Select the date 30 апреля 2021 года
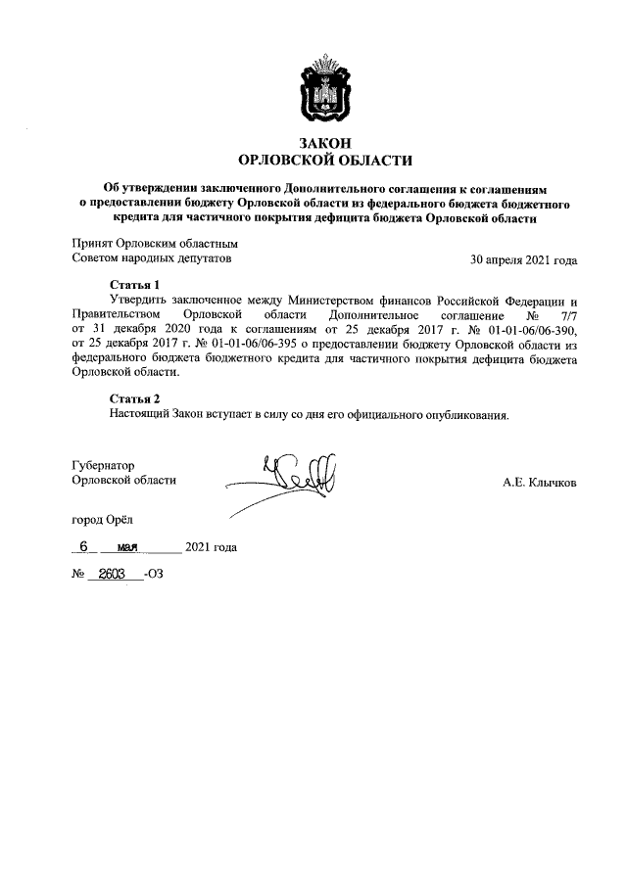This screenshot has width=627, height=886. coord(524,260)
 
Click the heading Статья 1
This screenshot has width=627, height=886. coord(134,285)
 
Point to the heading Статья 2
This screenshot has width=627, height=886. coord(134,398)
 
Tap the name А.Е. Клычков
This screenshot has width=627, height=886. coord(540,482)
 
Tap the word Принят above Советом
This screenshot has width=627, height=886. coord(91,244)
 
